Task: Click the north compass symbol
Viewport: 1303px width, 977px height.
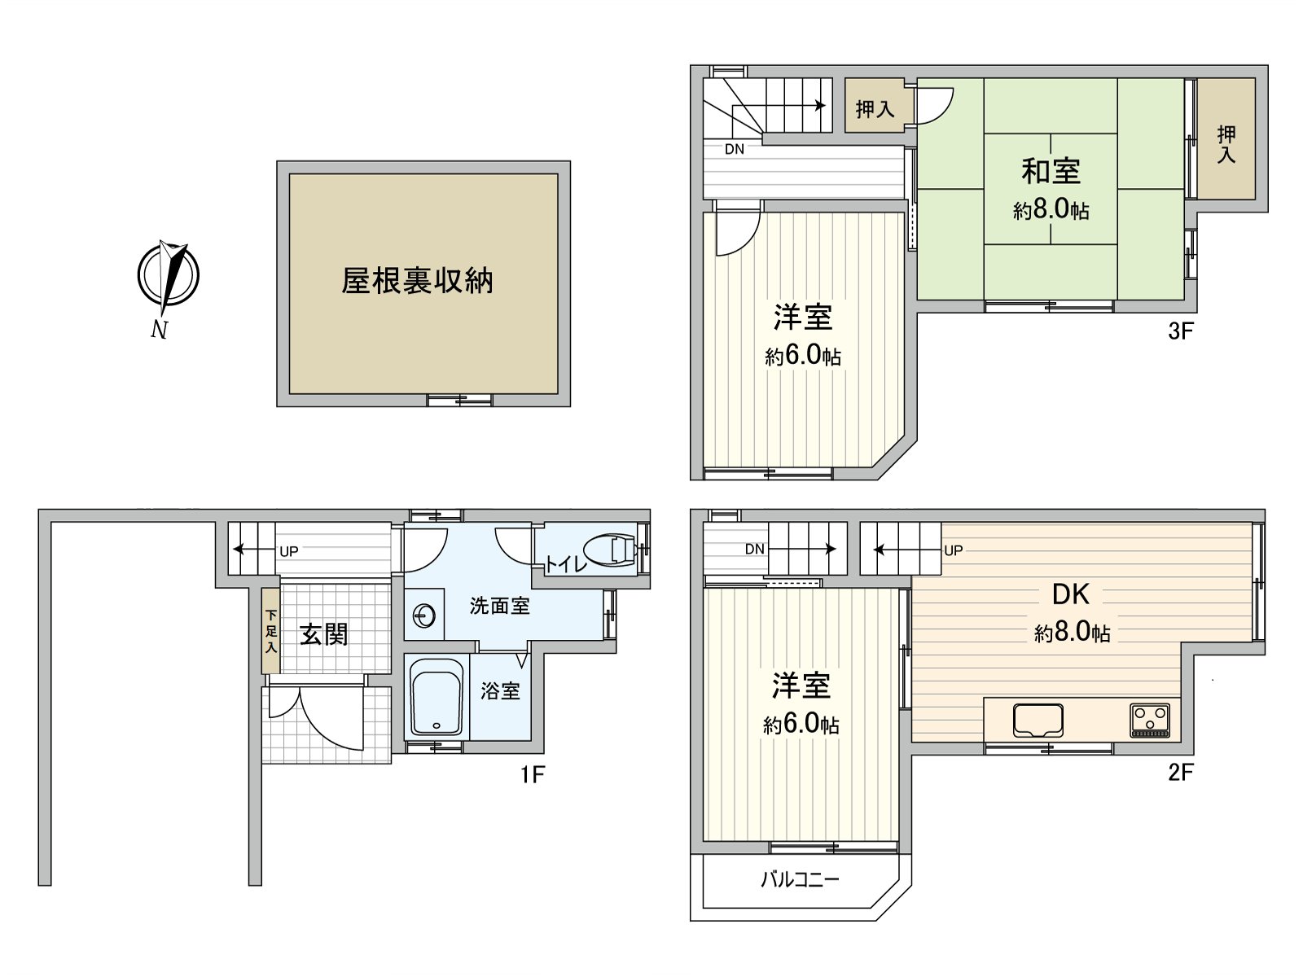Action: coord(168,277)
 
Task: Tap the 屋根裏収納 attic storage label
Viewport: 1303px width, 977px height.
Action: coord(417,282)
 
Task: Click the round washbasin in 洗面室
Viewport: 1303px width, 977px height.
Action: coord(424,616)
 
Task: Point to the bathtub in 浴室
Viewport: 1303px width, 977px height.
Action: coord(437,698)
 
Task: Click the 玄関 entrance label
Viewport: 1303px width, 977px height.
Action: coord(324,633)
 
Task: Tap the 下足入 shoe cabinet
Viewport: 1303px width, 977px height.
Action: coord(270,630)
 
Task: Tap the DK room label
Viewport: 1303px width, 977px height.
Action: coord(1070,594)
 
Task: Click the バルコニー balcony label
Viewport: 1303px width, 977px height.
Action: coord(800,879)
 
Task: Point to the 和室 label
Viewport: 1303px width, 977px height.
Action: coord(1051,171)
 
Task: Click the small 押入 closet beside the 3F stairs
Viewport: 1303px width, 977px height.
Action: coord(875,107)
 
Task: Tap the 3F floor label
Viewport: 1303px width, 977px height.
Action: coord(1180,331)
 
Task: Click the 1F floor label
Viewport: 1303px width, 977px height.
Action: coord(532,773)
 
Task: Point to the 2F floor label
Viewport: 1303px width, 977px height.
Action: coord(1180,772)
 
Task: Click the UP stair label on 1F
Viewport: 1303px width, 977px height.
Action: coord(288,551)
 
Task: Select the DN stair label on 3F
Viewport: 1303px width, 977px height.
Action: coord(734,150)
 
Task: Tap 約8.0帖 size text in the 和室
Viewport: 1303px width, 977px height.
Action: coord(1051,210)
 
